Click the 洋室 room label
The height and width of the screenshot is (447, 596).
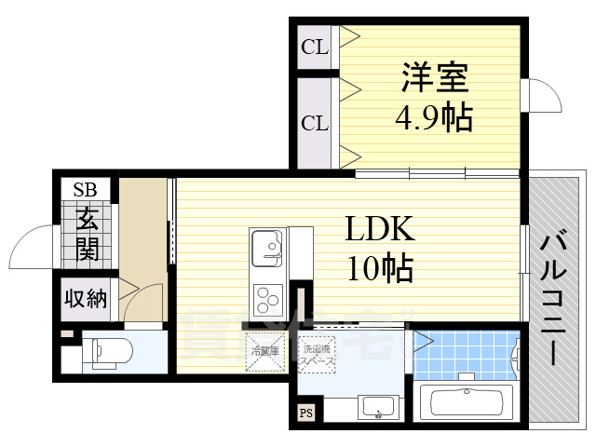[x=434, y=77]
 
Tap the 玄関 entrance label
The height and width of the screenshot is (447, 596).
[x=87, y=234]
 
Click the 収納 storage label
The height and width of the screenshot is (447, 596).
[x=86, y=299]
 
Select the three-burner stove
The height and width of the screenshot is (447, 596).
[x=267, y=300]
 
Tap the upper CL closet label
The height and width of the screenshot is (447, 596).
[x=315, y=47]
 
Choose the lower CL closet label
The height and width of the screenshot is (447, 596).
[x=315, y=122]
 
